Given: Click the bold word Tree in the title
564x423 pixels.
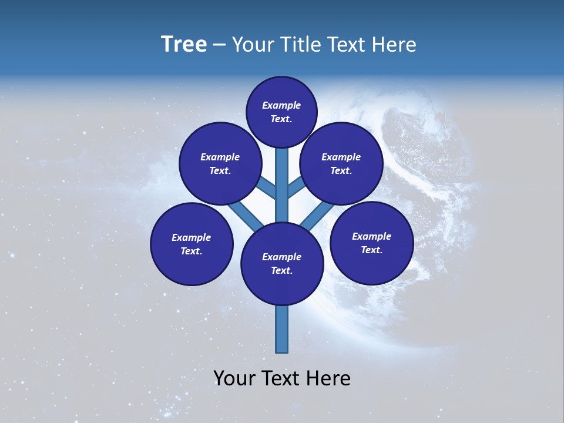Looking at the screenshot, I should tap(183, 45).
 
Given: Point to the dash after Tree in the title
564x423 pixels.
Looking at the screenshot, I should tap(219, 45).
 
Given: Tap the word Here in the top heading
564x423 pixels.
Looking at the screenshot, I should tap(394, 45).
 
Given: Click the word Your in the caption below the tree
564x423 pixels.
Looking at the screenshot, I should tap(234, 378).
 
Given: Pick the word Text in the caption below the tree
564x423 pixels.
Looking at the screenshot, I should tap(280, 378).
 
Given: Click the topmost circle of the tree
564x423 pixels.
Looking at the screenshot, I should tap(281, 112).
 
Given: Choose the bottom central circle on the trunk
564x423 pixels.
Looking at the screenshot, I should tap(282, 264).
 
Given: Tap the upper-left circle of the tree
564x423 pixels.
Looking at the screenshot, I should tap(220, 163).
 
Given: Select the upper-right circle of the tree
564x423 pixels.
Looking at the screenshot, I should tap(341, 163).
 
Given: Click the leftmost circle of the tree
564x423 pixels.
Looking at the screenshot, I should tap(192, 244).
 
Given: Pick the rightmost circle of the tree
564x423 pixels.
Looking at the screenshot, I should tap(371, 243).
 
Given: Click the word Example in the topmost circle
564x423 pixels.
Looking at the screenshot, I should tap(281, 105).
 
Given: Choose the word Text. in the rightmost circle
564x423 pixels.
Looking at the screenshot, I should tap(371, 250).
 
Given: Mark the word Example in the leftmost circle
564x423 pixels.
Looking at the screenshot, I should tap(192, 237).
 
